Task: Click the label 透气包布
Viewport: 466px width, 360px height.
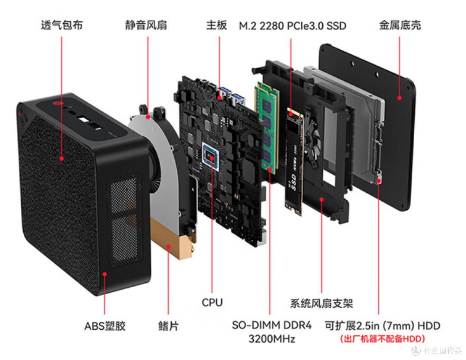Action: [62, 25]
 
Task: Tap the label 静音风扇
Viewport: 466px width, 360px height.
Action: [146, 25]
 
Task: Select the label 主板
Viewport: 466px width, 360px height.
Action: [217, 25]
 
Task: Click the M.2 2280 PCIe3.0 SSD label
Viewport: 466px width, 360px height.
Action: [293, 26]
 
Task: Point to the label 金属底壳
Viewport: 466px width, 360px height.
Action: [400, 25]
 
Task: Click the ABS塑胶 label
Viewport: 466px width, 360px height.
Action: [105, 326]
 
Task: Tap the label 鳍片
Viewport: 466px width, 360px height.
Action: [168, 326]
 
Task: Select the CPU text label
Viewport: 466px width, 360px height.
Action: [212, 302]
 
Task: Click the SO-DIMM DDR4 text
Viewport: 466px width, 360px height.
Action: [272, 325]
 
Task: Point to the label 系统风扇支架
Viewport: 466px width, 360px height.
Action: [321, 303]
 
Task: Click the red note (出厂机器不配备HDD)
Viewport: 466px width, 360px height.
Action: [382, 338]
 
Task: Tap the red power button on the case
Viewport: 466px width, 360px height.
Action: [57, 104]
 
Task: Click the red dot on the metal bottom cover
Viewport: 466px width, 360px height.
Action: [400, 98]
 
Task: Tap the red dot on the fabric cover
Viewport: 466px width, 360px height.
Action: [62, 158]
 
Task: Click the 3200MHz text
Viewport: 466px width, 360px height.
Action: [272, 339]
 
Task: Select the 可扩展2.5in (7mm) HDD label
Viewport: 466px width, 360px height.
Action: [382, 326]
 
